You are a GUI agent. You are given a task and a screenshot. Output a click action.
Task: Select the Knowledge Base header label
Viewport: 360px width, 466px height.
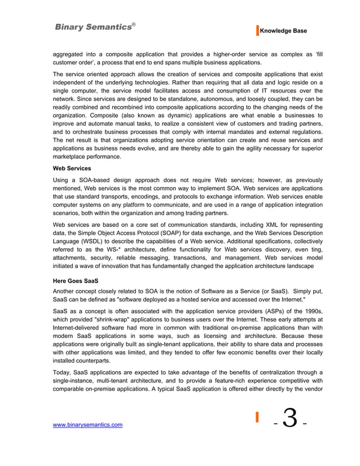coord(283,31)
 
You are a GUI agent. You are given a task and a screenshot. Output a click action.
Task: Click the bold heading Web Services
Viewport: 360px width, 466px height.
coord(72,168)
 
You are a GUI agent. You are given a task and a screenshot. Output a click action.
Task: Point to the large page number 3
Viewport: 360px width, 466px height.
coord(290,419)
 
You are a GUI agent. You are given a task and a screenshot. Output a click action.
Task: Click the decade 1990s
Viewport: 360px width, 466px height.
coord(310,312)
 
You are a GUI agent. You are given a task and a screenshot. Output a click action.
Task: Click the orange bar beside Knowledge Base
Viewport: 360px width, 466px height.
coord(257,31)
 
